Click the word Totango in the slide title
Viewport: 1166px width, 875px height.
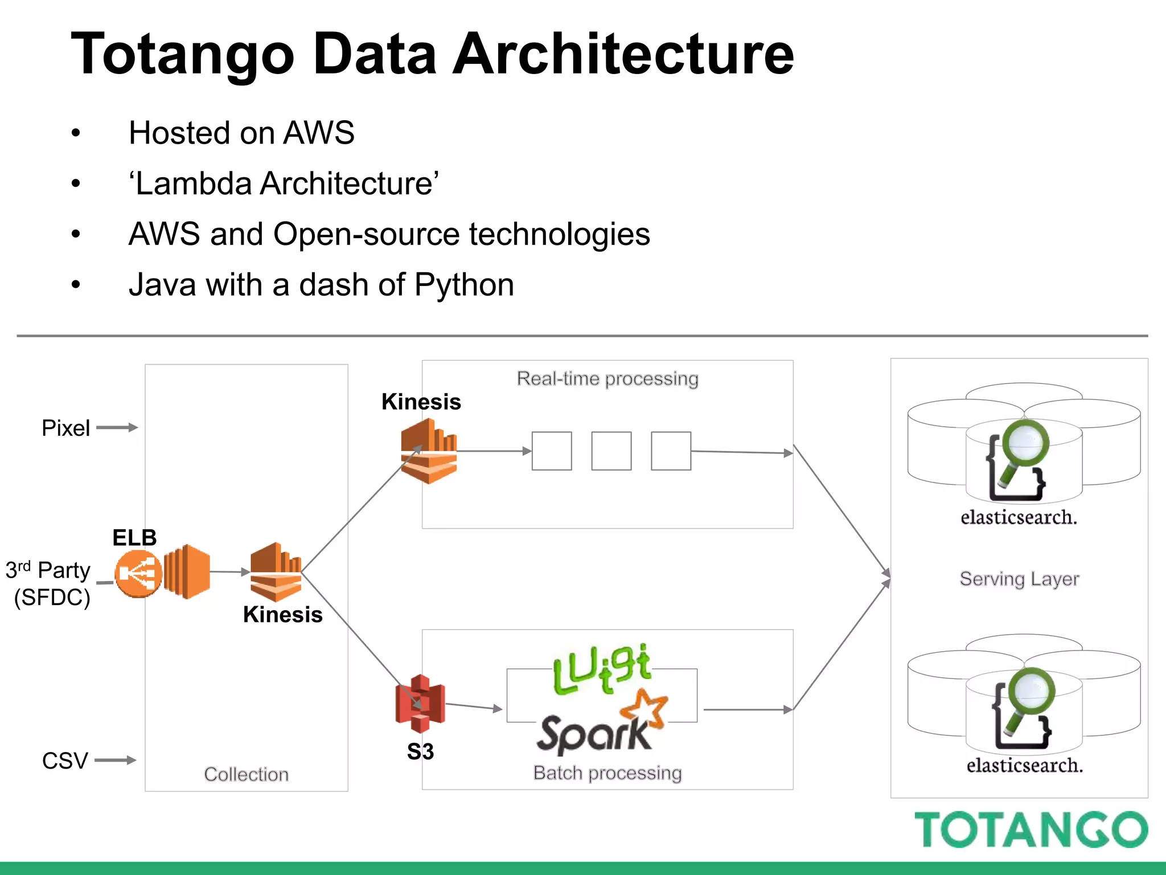point(182,54)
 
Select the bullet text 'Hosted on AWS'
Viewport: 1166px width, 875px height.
point(241,133)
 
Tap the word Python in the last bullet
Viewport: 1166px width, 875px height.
point(464,284)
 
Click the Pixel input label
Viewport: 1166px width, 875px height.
point(65,428)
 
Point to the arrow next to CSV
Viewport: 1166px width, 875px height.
point(116,760)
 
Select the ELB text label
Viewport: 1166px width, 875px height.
point(134,537)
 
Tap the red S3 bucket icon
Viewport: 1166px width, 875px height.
point(420,704)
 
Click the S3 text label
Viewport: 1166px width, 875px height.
point(420,751)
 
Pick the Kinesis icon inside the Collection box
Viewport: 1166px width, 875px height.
point(276,571)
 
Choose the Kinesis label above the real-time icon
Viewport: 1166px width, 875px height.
point(421,402)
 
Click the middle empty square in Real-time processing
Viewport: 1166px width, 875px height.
point(611,451)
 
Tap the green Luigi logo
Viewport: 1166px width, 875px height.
point(601,669)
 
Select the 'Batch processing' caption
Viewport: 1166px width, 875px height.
point(607,773)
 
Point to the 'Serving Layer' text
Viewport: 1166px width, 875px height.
point(1019,579)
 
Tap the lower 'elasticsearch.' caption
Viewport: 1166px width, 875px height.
point(1024,765)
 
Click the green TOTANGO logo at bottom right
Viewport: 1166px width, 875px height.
point(1030,830)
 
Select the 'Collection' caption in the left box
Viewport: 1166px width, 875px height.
point(246,774)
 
